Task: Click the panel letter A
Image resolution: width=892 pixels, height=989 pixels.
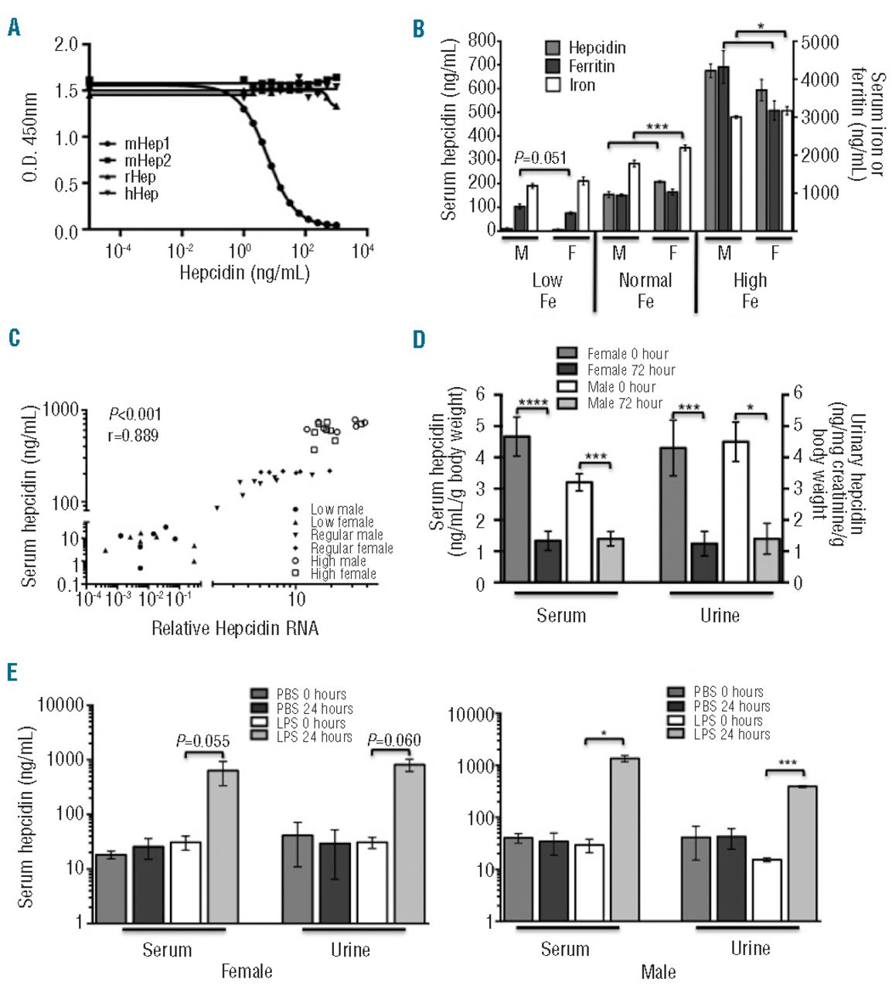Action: (14, 29)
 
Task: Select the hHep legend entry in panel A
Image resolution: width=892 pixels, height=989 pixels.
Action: (141, 193)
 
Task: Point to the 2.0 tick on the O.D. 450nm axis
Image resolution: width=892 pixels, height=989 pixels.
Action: (66, 44)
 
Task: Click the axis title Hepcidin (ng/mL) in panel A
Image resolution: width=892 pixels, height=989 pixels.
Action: (244, 272)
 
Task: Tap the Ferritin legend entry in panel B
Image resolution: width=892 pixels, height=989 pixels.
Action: (591, 66)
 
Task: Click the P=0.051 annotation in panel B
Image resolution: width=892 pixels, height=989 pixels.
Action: (540, 158)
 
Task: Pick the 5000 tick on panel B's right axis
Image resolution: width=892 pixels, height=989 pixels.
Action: (819, 42)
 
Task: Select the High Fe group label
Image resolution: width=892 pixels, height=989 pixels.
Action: (750, 290)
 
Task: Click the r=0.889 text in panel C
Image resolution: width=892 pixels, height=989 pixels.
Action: (133, 436)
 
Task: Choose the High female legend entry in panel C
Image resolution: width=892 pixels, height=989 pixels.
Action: (343, 574)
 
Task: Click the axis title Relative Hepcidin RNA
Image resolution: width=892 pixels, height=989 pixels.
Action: (235, 628)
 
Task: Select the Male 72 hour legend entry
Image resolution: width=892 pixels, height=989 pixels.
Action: (625, 403)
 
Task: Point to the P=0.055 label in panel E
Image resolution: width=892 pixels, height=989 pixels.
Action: (203, 742)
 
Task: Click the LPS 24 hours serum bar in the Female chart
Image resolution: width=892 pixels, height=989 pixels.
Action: (223, 846)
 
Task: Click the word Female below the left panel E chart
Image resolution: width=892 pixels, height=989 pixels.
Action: (247, 970)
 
